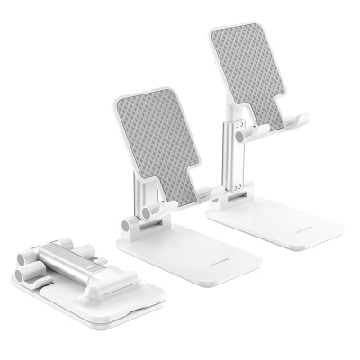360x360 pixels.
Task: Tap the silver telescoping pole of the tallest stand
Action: tap(224, 153)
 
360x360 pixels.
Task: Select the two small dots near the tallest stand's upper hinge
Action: tap(238, 132)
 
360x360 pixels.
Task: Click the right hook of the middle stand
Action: tap(205, 193)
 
